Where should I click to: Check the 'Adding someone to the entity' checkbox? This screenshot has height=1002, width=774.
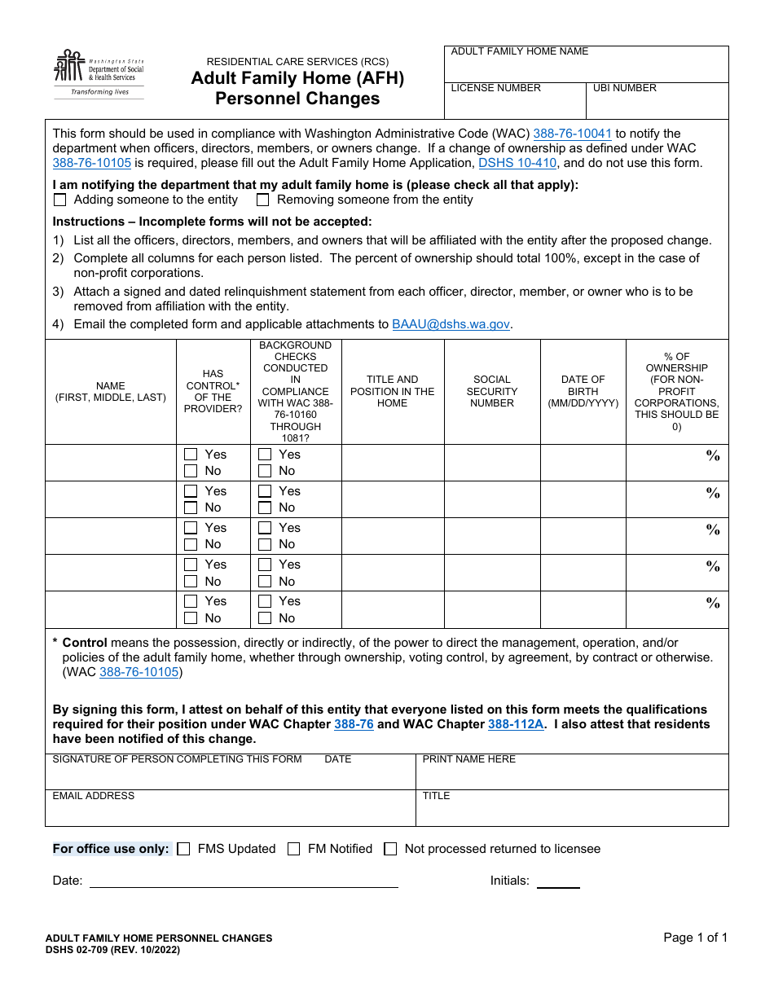pos(59,200)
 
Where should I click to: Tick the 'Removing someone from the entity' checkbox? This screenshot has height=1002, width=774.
pos(263,200)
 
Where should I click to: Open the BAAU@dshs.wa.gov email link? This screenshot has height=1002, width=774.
pos(451,324)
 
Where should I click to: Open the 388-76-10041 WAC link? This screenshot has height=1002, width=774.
pos(572,134)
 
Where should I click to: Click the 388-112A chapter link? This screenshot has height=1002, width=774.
pos(516,724)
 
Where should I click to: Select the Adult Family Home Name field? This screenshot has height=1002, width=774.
pos(587,69)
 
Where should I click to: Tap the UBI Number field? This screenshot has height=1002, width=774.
pos(657,105)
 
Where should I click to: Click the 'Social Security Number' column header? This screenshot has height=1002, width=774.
pos(492,391)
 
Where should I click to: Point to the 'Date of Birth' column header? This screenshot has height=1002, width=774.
pos(583,391)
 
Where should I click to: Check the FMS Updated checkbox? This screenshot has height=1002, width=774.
pos(183,849)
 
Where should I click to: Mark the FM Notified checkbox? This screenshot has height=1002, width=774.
pos(294,849)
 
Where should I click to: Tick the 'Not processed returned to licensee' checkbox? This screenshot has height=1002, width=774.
pos(390,849)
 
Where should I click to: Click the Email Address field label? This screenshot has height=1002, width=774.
pos(94,796)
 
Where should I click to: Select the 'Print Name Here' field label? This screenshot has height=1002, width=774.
pos(469,759)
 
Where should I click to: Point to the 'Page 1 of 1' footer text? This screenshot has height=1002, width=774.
pos(695,938)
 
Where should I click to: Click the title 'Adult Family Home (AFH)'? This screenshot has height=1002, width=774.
pos(297,79)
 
